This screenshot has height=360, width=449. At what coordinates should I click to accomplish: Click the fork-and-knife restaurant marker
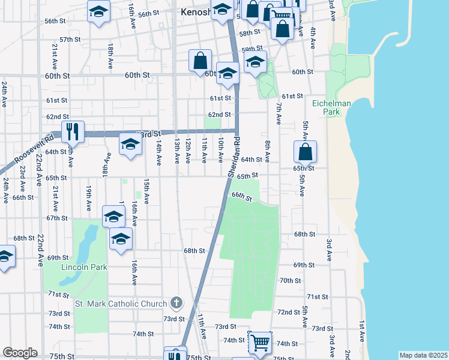tap(73, 131)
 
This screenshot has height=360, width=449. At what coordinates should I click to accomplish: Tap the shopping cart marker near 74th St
tap(260, 343)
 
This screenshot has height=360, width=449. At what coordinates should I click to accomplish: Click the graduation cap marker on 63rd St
tap(130, 144)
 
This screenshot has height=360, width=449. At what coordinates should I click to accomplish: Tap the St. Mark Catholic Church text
tap(121, 303)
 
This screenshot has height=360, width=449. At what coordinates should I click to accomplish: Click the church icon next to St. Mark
tap(176, 302)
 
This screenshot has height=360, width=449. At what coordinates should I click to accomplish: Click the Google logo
tap(20, 353)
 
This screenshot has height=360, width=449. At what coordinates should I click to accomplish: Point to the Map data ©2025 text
tap(423, 355)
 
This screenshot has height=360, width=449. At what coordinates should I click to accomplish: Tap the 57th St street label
tap(70, 40)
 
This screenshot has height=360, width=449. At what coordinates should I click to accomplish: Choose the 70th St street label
tap(290, 281)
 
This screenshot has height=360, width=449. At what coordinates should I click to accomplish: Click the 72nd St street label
tap(289, 313)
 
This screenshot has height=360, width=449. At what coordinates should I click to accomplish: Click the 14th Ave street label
tap(158, 153)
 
